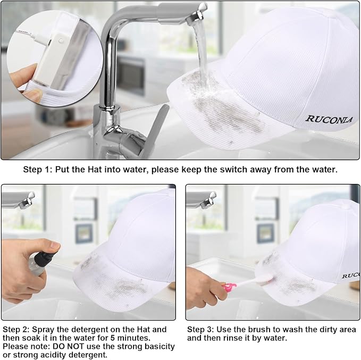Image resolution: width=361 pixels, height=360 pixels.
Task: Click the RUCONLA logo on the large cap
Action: [329, 119]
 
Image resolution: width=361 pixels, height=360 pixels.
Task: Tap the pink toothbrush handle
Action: [229, 287]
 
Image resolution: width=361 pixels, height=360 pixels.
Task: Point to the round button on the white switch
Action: [61, 41]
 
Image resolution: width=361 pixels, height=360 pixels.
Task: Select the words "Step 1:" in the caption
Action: [38, 170]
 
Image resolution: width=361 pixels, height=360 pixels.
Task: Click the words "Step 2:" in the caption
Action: [16, 329]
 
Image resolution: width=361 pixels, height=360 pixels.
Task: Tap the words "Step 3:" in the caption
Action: [200, 329]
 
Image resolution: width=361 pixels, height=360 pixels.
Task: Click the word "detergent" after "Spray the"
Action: [90, 330]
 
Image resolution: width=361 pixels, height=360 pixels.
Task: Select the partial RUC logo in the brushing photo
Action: [350, 275]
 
